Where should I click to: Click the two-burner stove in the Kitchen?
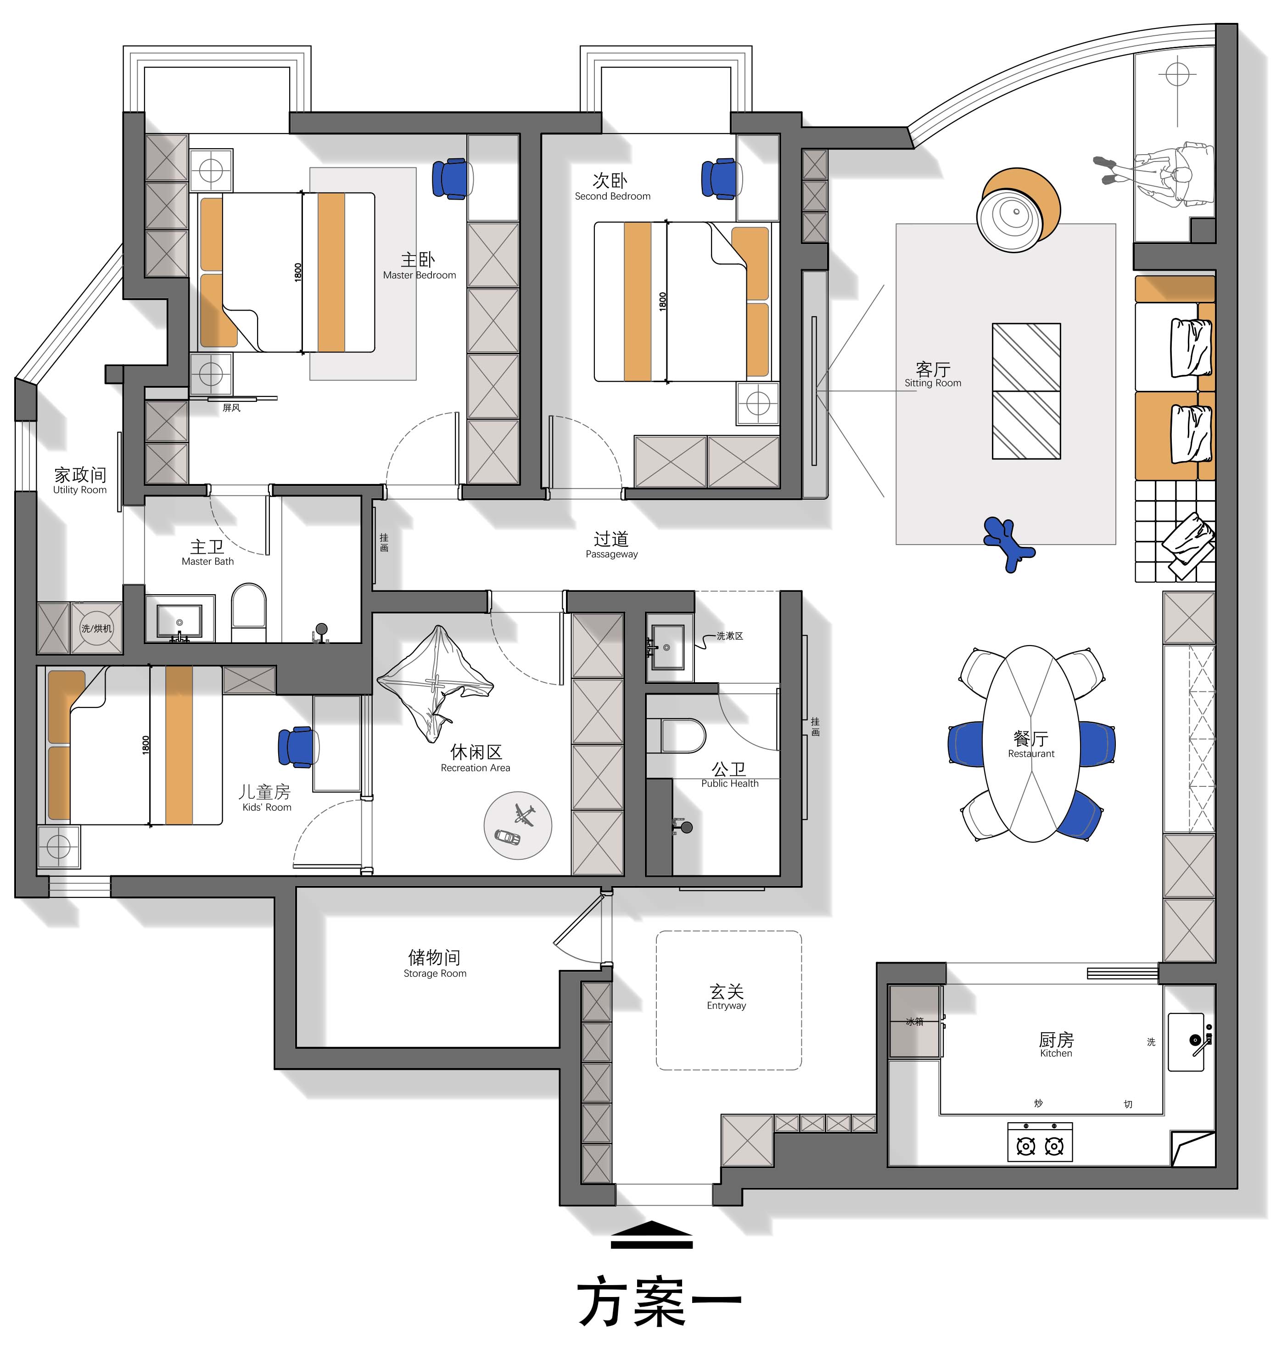1040,1141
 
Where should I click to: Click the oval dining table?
1031,743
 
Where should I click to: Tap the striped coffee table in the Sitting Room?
1026,391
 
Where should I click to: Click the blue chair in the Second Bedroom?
721,179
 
